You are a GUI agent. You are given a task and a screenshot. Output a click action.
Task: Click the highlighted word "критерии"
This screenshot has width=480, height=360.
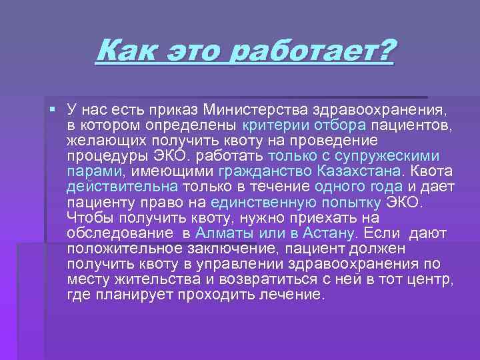(272, 125)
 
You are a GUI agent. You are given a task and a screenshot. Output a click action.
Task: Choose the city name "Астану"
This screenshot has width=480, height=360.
(327, 233)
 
